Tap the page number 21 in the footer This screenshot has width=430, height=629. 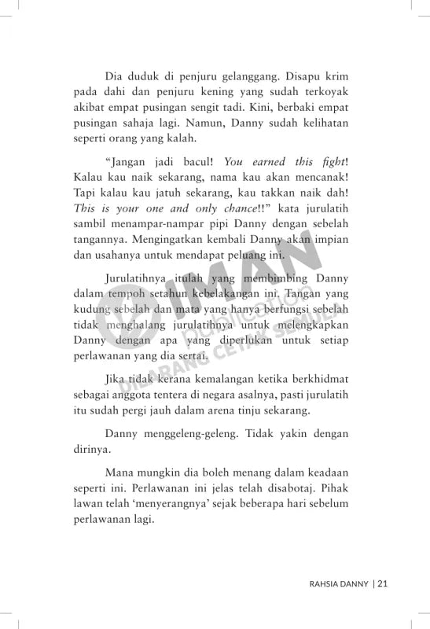384,583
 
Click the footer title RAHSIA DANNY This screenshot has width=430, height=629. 340,583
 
